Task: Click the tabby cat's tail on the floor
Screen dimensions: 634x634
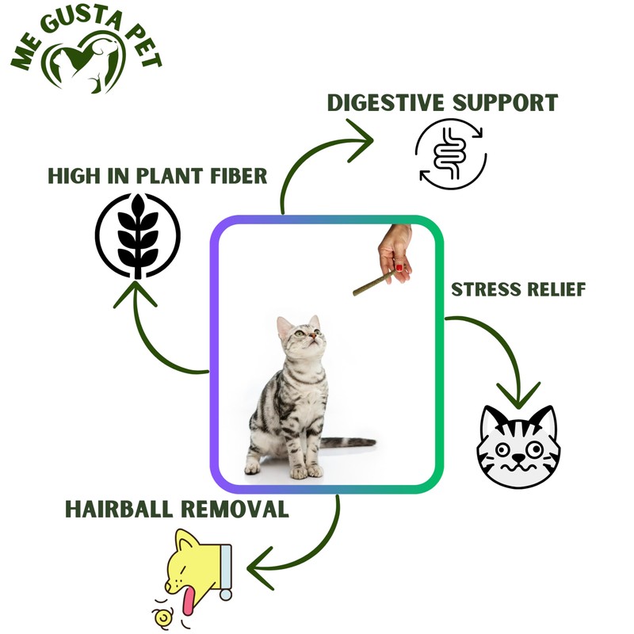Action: (349, 442)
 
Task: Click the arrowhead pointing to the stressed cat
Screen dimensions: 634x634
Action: (519, 394)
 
